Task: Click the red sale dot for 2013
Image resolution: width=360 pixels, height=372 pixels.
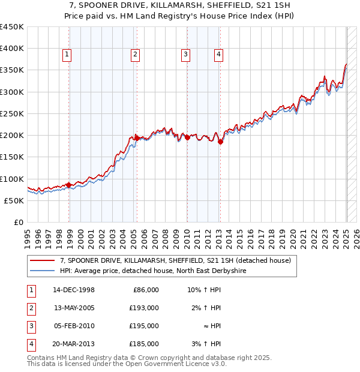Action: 220,142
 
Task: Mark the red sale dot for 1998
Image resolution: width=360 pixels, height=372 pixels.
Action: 69,185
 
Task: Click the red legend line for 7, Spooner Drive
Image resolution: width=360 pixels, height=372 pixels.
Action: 43,260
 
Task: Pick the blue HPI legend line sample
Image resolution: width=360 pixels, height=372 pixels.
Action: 43,271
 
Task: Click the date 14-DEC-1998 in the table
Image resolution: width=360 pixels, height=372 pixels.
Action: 74,290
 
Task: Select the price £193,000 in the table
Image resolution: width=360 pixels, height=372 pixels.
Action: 145,308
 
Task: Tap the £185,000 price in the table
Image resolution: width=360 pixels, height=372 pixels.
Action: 145,344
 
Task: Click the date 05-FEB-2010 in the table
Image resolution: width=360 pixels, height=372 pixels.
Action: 74,326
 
